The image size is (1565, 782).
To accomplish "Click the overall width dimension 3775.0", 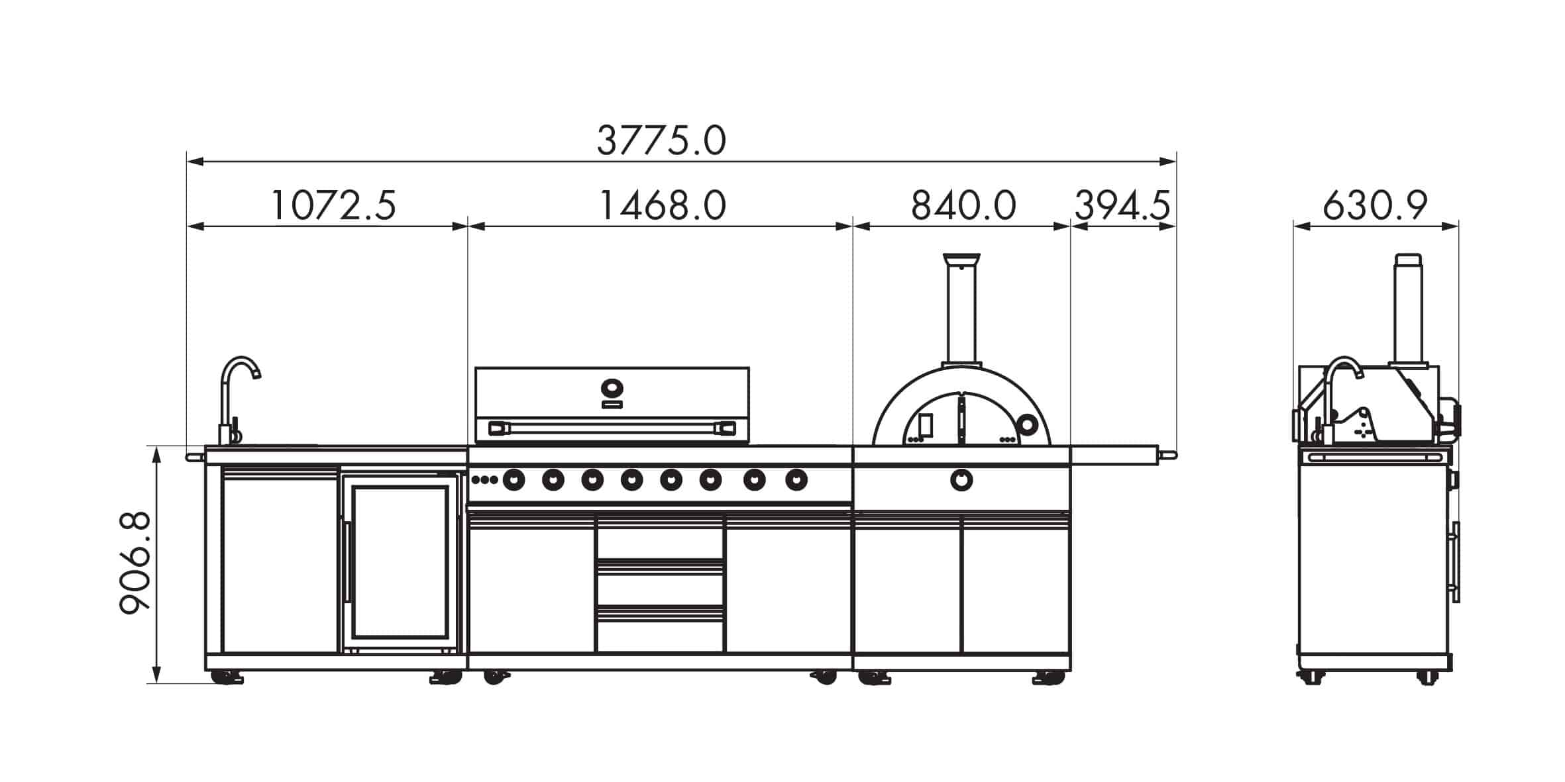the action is [x=661, y=140].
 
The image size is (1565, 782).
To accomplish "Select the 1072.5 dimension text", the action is [x=334, y=205].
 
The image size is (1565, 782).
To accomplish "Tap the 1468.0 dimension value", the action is [x=663, y=205].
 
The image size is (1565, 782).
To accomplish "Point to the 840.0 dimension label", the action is [x=963, y=205].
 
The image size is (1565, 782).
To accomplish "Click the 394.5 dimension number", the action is [x=1122, y=205].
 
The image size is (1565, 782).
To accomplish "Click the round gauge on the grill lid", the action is [x=612, y=387].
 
